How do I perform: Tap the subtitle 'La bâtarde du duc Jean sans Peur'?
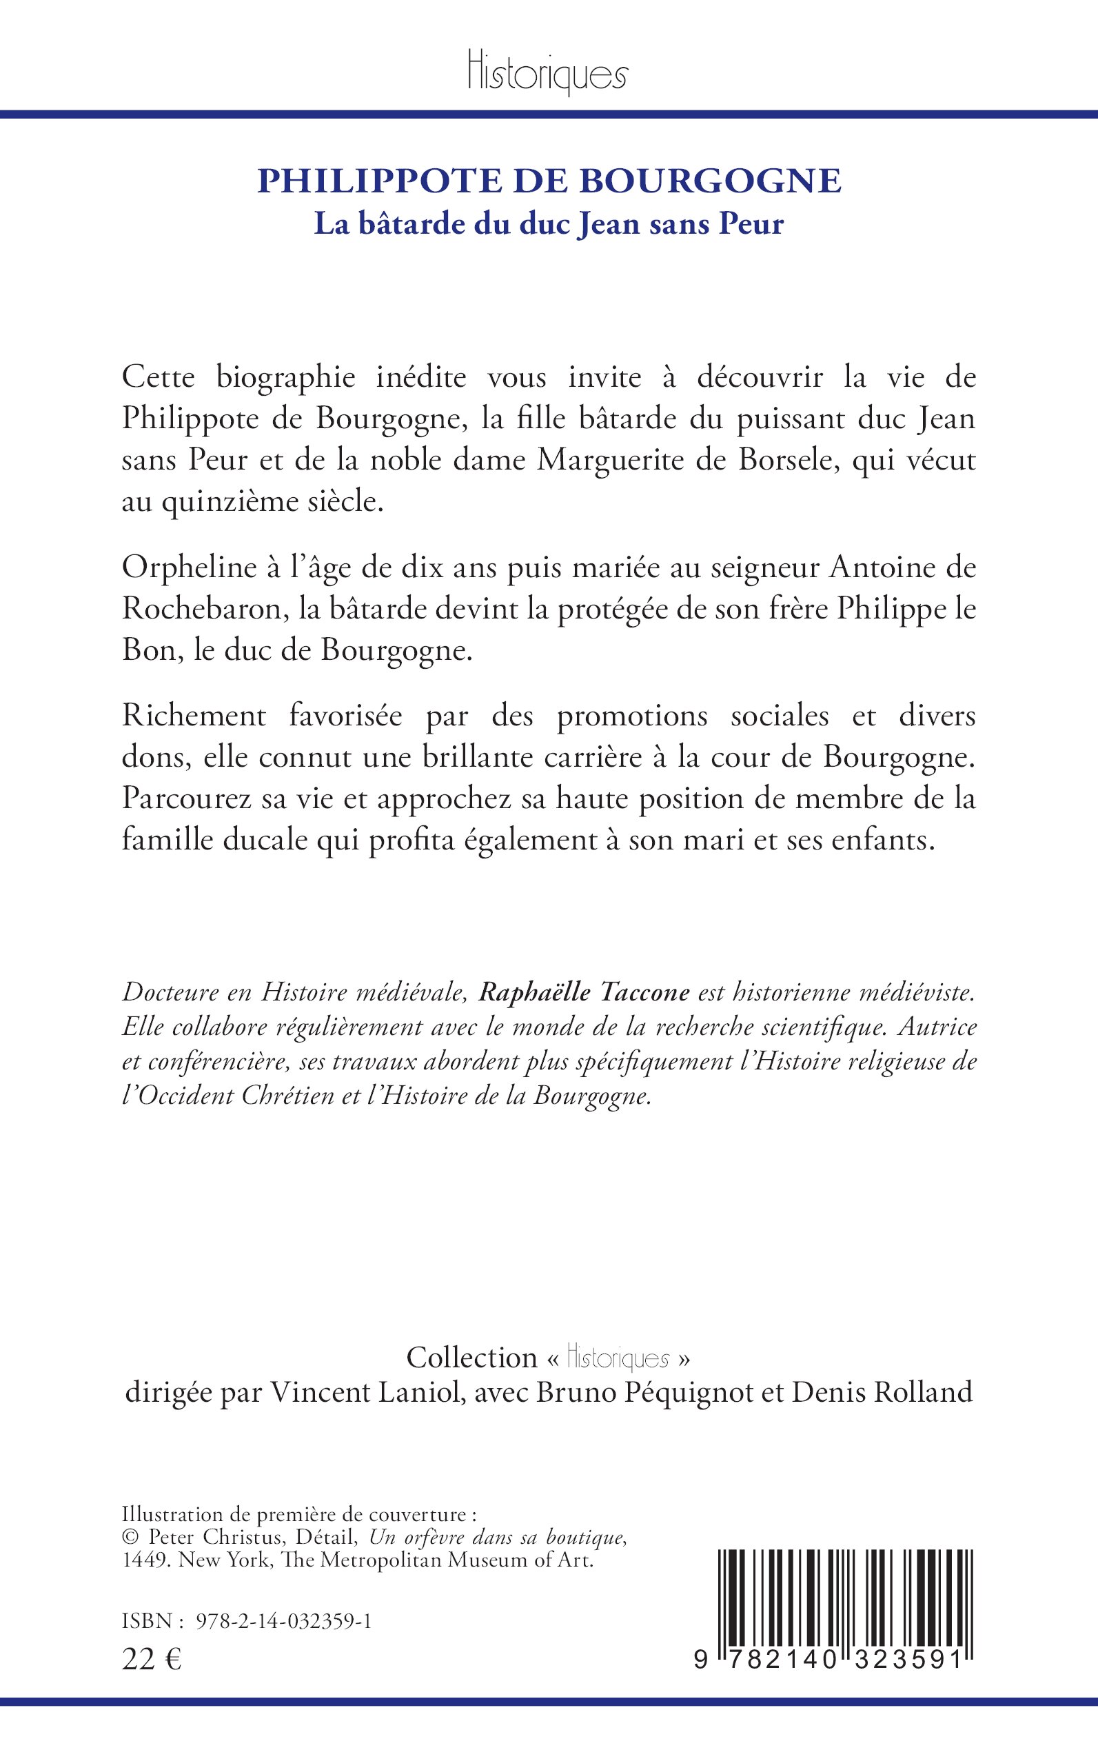coord(549,223)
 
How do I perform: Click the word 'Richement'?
coord(194,716)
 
